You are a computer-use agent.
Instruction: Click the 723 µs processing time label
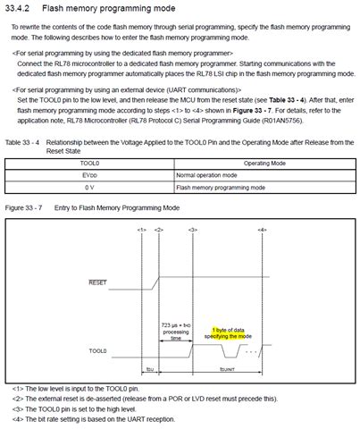pyautogui.click(x=176, y=330)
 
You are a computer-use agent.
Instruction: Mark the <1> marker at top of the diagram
pyautogui.click(x=142, y=230)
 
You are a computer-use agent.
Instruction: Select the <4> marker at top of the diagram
pyautogui.click(x=262, y=230)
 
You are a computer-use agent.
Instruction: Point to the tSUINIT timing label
pyautogui.click(x=228, y=367)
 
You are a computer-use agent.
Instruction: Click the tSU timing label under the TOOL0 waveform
pyautogui.click(x=150, y=367)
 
